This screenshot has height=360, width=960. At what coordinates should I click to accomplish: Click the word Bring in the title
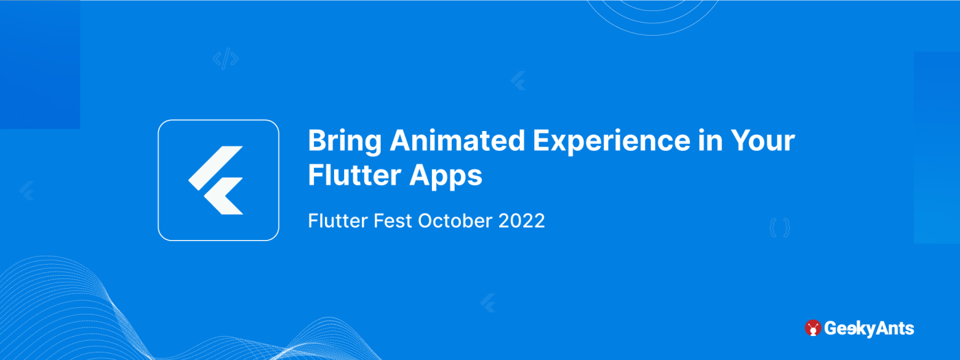coord(344,142)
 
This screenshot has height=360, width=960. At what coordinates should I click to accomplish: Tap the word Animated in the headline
coord(457,141)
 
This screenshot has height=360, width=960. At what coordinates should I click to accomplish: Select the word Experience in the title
coord(612,142)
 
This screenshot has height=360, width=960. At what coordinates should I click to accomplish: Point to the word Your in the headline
coord(763,141)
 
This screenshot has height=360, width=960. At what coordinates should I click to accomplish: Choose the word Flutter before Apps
coord(355,175)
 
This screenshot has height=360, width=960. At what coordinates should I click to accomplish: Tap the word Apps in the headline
coord(446,177)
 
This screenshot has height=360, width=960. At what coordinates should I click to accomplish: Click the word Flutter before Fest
coord(337,221)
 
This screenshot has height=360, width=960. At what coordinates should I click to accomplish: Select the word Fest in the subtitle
coord(392,221)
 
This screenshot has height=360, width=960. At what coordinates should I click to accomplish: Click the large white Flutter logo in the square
coord(216,180)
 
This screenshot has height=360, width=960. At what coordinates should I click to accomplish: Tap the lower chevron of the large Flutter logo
coord(224,196)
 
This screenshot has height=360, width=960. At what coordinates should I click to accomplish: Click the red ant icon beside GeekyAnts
coord(813,328)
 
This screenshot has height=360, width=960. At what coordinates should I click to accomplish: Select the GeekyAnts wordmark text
coord(869,328)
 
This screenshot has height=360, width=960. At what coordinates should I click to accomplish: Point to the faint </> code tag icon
coord(226,59)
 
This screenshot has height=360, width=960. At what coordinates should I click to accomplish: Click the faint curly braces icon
coord(780,228)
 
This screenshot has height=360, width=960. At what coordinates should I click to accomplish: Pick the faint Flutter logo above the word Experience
coord(518,81)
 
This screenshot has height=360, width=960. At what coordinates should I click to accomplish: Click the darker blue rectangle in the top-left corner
coord(40,64)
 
